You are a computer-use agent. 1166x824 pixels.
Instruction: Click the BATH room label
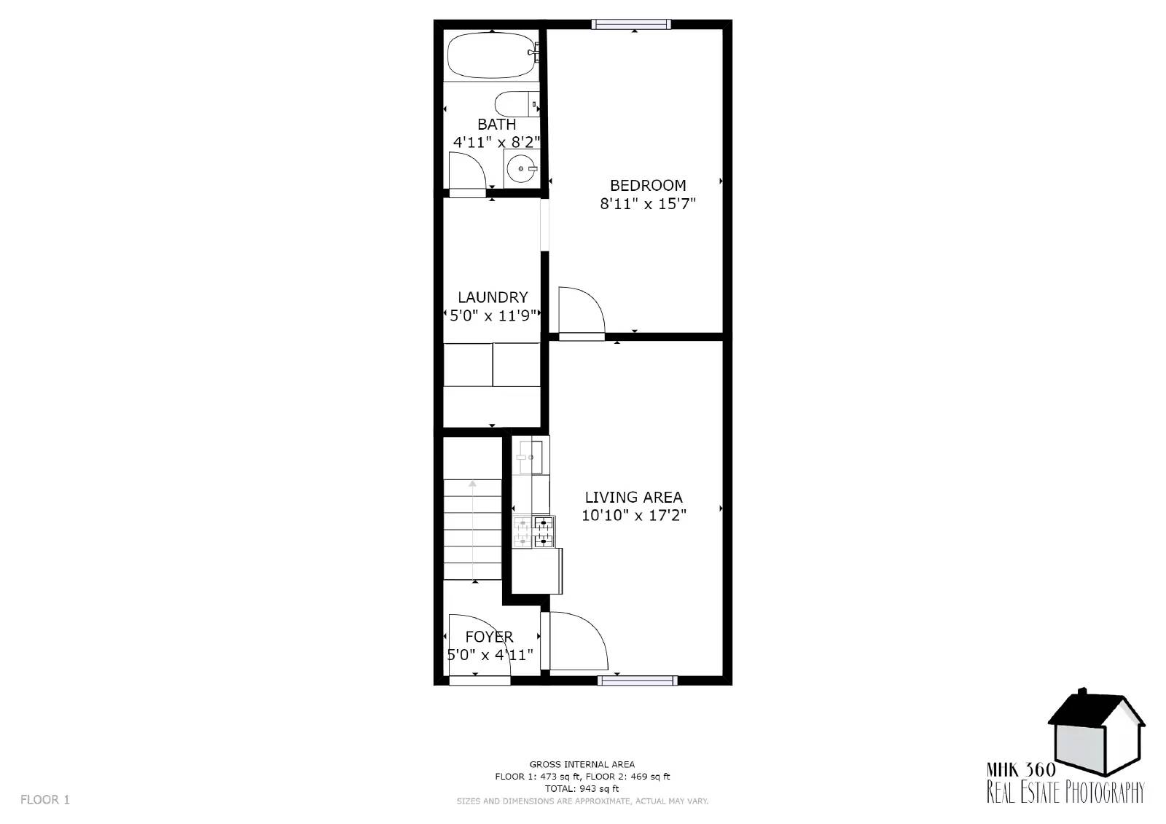tap(496, 125)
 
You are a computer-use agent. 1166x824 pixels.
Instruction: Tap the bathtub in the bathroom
tap(492, 55)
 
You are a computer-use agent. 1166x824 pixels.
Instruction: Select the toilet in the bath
tap(517, 104)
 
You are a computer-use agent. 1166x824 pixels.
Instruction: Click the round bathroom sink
tap(521, 168)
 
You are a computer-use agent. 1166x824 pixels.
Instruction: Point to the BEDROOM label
tap(648, 185)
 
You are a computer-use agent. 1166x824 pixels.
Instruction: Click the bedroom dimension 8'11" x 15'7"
tap(648, 203)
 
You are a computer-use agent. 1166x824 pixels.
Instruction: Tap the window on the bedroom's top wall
tap(631, 24)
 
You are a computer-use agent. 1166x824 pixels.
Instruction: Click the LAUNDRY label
tap(493, 297)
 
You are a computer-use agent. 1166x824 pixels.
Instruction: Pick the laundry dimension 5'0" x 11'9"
tap(493, 315)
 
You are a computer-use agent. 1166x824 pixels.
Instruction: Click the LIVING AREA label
tap(633, 497)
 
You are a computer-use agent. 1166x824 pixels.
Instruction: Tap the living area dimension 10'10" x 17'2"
tap(633, 515)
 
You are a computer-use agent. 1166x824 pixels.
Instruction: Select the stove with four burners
tap(533, 531)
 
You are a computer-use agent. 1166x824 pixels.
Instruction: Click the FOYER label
tap(489, 637)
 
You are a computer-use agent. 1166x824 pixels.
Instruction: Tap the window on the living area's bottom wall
tap(638, 680)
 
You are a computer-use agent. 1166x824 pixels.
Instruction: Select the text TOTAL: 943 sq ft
tap(582, 788)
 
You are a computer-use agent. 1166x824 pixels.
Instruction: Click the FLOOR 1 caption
tap(44, 799)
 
